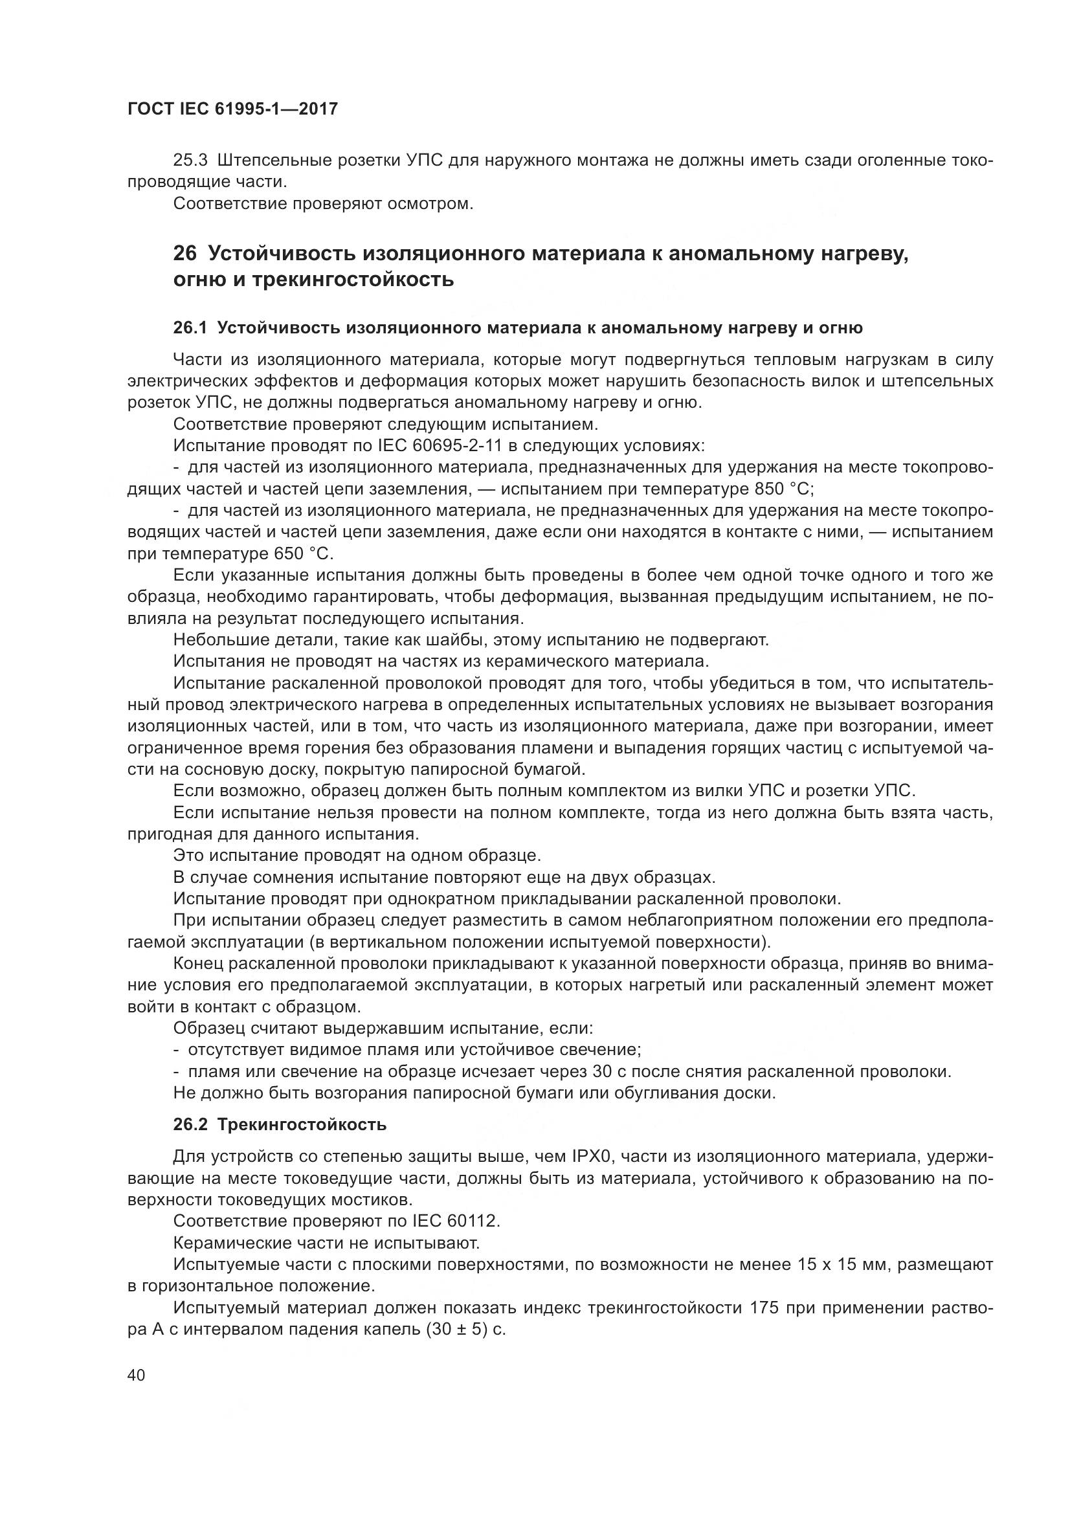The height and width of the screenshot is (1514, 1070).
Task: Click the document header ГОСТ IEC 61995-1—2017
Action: (233, 109)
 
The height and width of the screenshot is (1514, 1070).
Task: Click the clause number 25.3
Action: (190, 161)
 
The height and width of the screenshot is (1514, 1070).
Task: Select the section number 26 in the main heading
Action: (184, 253)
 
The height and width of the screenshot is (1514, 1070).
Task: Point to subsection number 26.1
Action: (190, 328)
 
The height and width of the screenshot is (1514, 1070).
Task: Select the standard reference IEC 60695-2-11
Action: (440, 446)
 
